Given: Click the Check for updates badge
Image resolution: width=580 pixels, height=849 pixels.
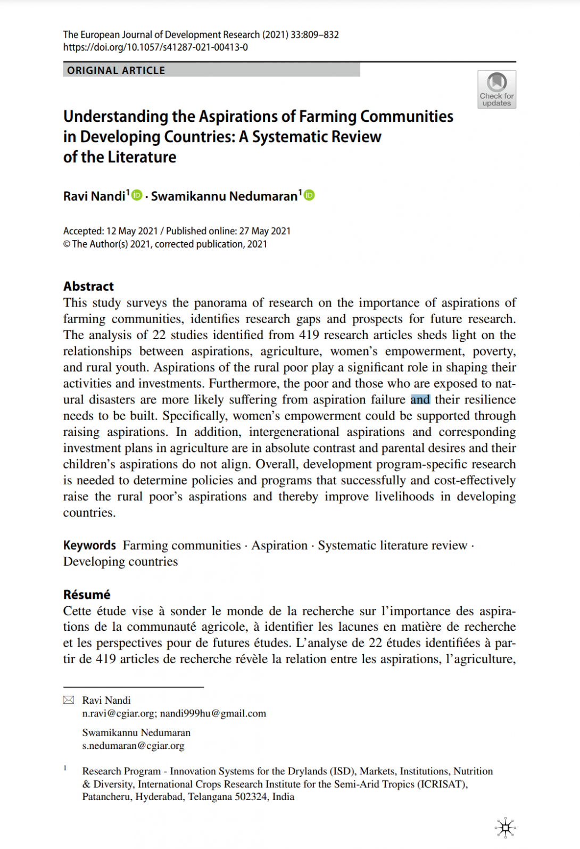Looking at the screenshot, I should click(496, 89).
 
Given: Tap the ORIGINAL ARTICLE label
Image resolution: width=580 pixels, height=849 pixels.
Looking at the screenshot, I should click(116, 70).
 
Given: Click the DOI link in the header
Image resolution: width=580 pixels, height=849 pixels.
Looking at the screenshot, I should click(155, 47).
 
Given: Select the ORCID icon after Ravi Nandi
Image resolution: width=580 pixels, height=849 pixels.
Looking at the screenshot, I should click(137, 195).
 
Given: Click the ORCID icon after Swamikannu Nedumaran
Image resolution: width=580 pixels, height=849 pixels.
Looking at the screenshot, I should click(309, 195).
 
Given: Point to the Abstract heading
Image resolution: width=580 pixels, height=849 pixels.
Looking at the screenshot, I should click(88, 286).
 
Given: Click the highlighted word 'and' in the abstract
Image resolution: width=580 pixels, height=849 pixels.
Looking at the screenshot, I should click(420, 400).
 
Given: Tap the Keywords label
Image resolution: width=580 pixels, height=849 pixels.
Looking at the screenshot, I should click(89, 546).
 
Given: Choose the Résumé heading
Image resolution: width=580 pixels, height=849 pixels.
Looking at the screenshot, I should click(87, 595).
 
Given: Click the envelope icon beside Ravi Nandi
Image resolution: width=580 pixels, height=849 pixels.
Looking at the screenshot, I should click(69, 700).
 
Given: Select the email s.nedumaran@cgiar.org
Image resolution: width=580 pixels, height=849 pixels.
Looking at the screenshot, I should click(133, 746).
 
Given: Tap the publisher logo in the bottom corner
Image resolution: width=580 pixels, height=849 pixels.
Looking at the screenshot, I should click(505, 828).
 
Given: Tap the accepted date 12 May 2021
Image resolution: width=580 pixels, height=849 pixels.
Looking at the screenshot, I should click(132, 231).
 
